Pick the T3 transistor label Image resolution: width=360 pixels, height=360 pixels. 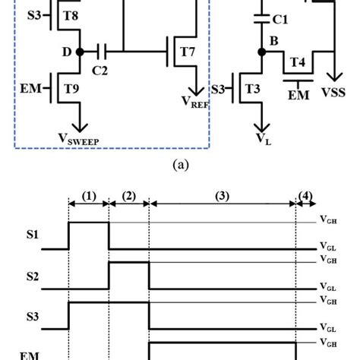252,88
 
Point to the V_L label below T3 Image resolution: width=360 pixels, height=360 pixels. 262,139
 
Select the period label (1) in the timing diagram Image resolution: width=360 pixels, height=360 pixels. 89,196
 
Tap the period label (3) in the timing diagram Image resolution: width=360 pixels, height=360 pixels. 222,196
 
